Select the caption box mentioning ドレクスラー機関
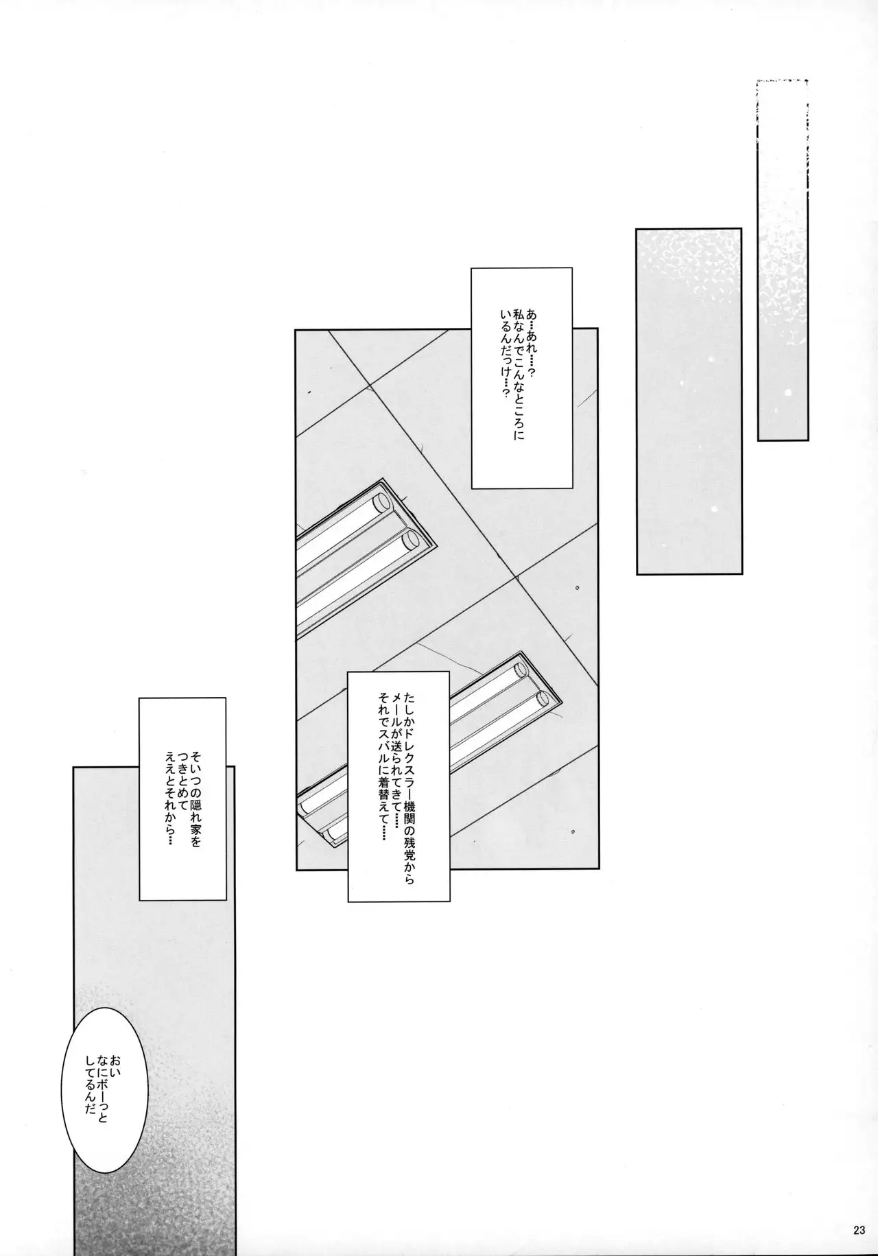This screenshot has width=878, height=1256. tap(399, 785)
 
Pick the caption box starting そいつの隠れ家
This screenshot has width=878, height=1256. tap(182, 798)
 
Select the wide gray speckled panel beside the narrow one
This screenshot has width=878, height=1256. tap(689, 401)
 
